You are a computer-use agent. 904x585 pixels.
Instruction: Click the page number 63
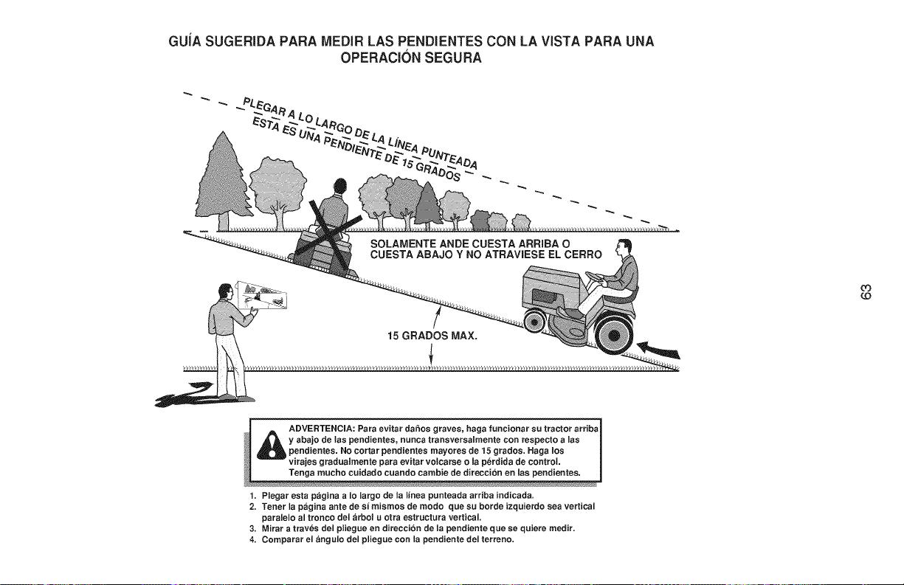(x=866, y=291)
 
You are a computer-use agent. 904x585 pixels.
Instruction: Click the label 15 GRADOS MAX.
(x=432, y=336)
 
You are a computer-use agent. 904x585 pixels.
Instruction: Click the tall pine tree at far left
(x=222, y=181)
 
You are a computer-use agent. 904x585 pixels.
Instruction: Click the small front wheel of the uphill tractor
(x=535, y=322)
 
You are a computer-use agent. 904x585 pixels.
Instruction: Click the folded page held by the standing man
(x=263, y=295)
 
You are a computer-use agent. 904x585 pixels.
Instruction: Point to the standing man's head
(x=225, y=291)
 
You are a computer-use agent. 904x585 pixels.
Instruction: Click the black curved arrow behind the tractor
(x=658, y=350)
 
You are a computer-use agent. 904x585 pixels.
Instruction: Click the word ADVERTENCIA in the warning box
(x=322, y=428)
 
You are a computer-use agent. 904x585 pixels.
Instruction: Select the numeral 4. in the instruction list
(x=253, y=540)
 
